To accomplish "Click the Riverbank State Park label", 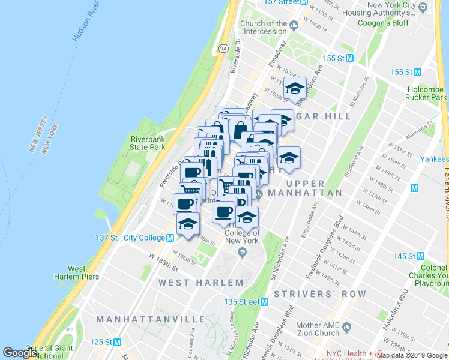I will tap(148, 143).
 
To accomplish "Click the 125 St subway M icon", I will tap(118, 343).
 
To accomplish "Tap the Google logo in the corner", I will tap(20, 353).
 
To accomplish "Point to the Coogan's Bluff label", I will tap(382, 23).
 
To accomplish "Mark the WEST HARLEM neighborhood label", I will tap(201, 282).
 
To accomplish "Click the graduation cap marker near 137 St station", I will tap(188, 225).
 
